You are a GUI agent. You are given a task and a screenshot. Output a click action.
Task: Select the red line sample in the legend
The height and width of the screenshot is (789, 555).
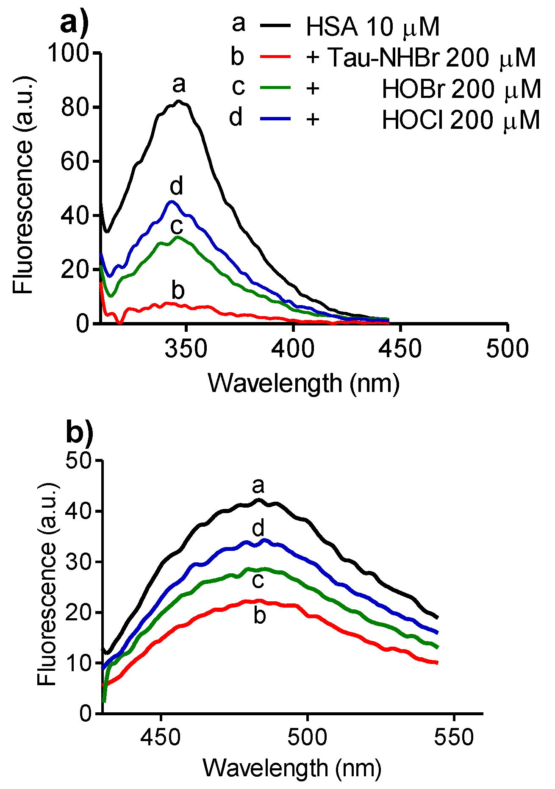tap(275, 56)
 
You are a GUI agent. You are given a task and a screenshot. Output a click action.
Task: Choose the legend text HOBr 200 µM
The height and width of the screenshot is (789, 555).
tap(461, 89)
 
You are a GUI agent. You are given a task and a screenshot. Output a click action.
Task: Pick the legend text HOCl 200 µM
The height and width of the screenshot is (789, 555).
tap(461, 120)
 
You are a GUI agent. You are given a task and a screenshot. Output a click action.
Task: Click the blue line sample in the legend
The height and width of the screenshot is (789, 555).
tap(275, 119)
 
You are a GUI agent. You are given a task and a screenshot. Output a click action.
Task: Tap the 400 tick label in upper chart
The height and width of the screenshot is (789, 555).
tap(293, 349)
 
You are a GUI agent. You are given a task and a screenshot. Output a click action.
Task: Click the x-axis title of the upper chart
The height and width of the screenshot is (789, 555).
tap(303, 383)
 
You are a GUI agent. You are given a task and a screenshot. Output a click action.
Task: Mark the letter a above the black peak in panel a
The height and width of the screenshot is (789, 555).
tap(179, 84)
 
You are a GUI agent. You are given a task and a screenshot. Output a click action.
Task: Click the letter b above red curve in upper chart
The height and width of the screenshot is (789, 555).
tap(178, 291)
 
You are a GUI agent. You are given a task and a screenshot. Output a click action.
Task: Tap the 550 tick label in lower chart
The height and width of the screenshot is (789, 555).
tap(454, 737)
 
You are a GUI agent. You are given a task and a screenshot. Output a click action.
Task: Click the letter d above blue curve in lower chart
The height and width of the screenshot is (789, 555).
tap(258, 528)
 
